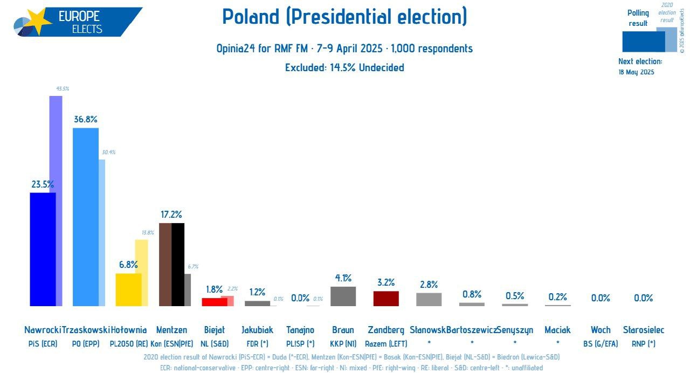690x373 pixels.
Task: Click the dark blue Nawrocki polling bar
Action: pyautogui.click(x=43, y=249)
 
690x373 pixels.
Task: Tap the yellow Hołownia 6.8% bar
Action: pyautogui.click(x=129, y=289)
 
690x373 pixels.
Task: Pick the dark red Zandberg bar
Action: pyautogui.click(x=386, y=299)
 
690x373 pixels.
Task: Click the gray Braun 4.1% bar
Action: pyautogui.click(x=343, y=296)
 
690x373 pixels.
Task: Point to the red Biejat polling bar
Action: pyautogui.click(x=215, y=302)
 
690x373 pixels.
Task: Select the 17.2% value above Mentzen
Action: pyautogui.click(x=171, y=214)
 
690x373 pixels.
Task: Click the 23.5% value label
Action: pyautogui.click(x=43, y=184)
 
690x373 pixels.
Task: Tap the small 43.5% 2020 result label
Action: pyautogui.click(x=63, y=88)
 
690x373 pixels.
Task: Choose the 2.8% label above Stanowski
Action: pyautogui.click(x=429, y=285)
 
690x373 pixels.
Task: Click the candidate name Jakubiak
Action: pyautogui.click(x=257, y=330)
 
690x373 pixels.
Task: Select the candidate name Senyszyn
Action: pyautogui.click(x=515, y=330)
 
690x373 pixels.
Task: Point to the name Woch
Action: pyautogui.click(x=601, y=330)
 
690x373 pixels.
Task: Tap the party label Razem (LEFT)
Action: pyautogui.click(x=386, y=343)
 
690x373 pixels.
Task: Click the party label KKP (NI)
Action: pyautogui.click(x=343, y=343)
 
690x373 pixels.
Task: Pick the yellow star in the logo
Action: pyautogui.click(x=39, y=22)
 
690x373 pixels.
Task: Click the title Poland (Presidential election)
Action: pyautogui.click(x=344, y=17)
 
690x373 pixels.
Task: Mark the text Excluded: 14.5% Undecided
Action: pyautogui.click(x=344, y=67)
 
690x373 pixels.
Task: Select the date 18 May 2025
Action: pyautogui.click(x=636, y=72)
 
